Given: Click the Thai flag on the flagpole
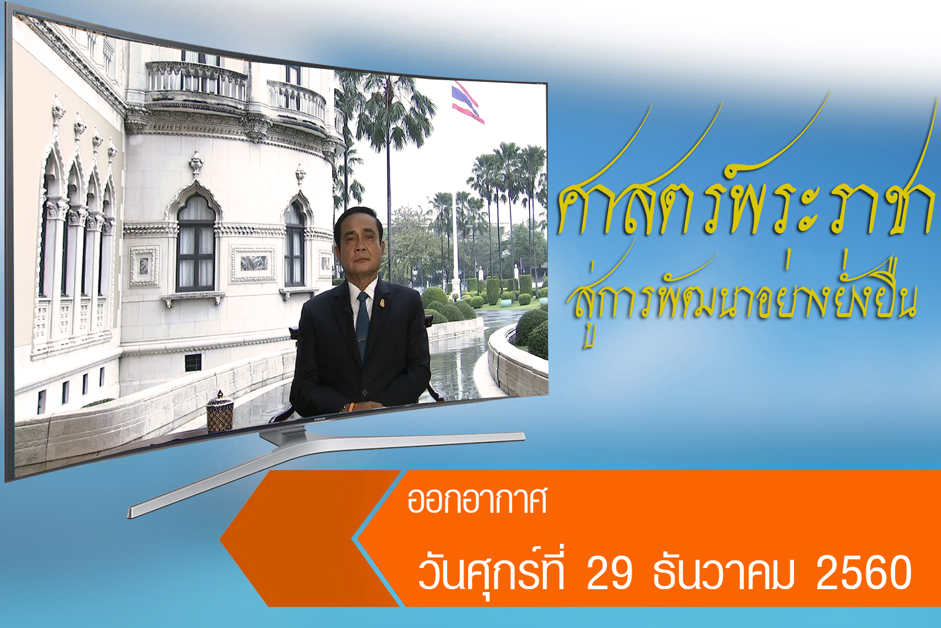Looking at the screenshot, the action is coord(468,103).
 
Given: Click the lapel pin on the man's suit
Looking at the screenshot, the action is coord(382,303).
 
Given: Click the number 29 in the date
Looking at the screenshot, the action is coord(609,572).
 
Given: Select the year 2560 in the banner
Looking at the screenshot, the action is coord(864,572).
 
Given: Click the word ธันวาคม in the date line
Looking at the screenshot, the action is coord(723,572).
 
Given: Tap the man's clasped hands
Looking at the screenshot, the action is coord(364,406).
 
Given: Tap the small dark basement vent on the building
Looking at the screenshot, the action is coord(193,363).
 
